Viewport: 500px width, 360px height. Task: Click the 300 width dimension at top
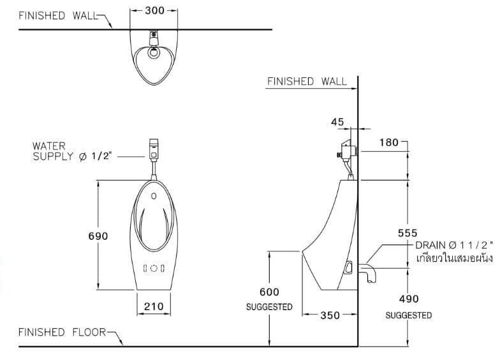tap(154, 10)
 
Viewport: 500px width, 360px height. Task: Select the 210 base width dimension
tap(153, 306)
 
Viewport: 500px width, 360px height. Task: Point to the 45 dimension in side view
tap(337, 122)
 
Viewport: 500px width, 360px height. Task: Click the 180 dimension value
tap(389, 142)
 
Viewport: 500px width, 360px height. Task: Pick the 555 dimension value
tap(408, 234)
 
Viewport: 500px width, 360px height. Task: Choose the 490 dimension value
tap(408, 299)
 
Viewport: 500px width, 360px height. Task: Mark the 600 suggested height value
tap(269, 292)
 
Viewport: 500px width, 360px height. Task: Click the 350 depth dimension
tap(330, 315)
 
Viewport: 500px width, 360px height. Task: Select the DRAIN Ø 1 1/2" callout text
tap(453, 245)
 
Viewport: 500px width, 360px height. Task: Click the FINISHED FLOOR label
tap(59, 332)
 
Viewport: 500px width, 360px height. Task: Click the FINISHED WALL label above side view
tap(307, 81)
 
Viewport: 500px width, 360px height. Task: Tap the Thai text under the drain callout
tap(453, 259)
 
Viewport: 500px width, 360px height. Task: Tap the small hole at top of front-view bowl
tap(154, 196)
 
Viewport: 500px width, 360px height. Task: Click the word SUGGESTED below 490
tap(408, 315)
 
